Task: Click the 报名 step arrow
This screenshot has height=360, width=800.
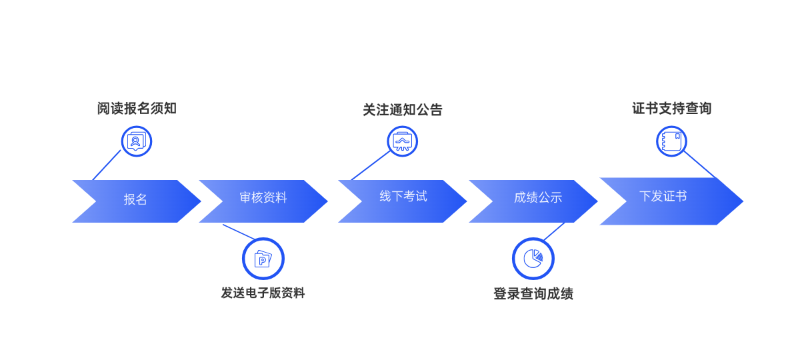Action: pos(135,200)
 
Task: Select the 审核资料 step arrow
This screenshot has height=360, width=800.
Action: pos(263,199)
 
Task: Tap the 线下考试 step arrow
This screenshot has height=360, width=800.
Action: pos(403,197)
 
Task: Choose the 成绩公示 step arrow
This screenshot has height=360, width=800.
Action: pos(537,198)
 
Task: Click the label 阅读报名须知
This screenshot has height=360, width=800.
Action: pos(137,109)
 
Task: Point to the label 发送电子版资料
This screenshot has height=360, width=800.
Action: pos(263,293)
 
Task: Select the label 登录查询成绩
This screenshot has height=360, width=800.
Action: pos(533,294)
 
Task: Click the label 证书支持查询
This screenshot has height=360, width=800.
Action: pos(671,108)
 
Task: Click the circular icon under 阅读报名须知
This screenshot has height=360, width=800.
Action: pos(137,141)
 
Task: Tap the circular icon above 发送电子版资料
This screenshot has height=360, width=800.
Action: pos(263,259)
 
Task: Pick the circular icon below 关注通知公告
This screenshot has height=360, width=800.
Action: pos(403,141)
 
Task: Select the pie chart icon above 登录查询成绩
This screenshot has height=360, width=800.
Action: pos(533,259)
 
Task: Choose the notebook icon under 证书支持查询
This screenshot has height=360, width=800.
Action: pos(671,141)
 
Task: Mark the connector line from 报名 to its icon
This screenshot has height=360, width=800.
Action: pos(107,165)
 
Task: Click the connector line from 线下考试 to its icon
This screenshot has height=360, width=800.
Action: pos(371,165)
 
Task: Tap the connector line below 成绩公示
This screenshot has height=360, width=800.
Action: pos(555,231)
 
